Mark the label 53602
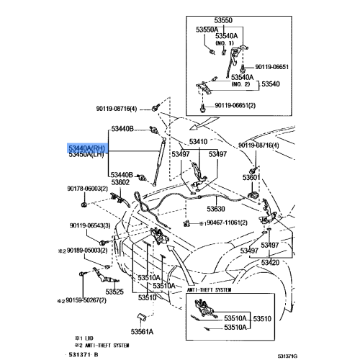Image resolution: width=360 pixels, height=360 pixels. pyautogui.click(x=120, y=182)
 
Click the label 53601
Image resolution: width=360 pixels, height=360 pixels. pyautogui.click(x=251, y=177)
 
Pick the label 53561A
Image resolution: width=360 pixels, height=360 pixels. pyautogui.click(x=143, y=332)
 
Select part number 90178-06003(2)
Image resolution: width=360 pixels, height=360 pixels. pyautogui.click(x=89, y=188)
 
